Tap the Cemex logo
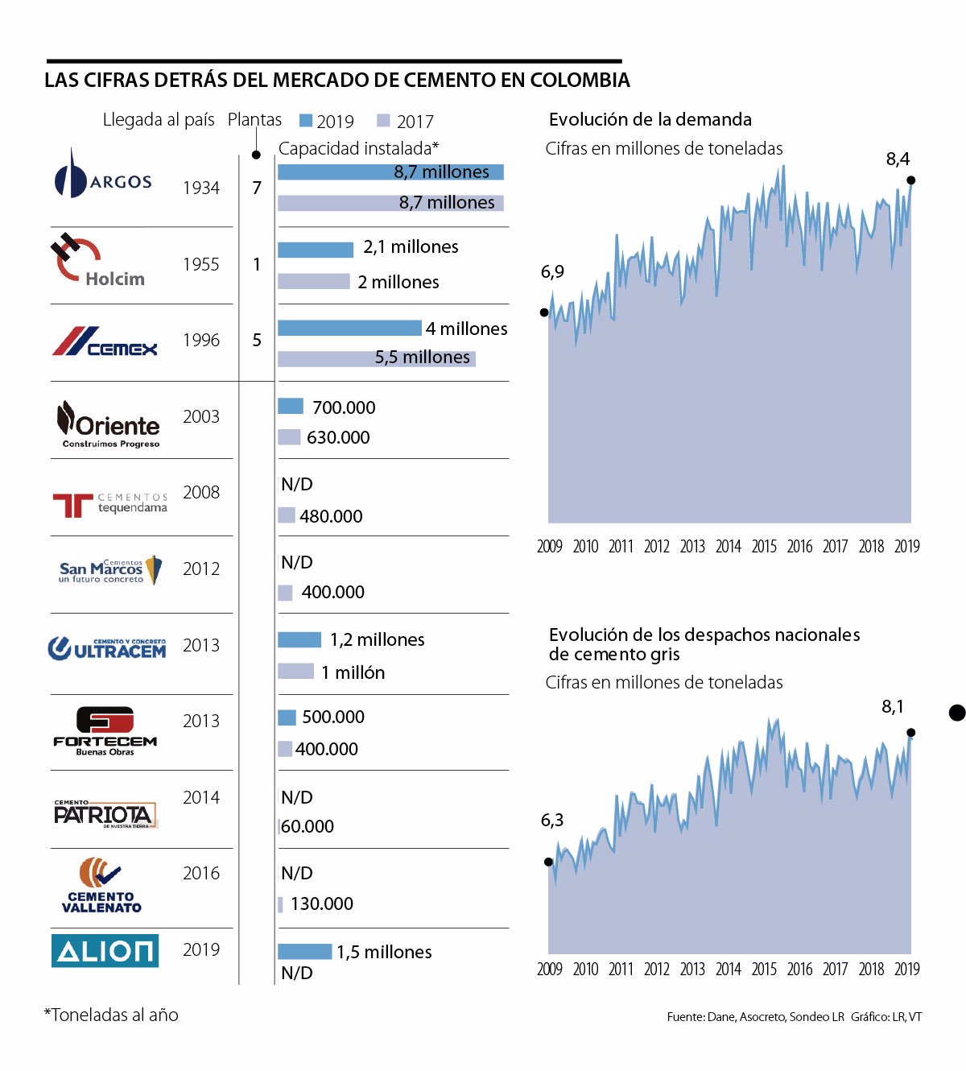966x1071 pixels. click(x=105, y=341)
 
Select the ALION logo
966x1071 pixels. click(x=105, y=950)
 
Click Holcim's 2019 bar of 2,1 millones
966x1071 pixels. click(x=316, y=250)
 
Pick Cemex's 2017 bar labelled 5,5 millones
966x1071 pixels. click(x=376, y=358)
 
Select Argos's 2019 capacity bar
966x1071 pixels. click(x=390, y=172)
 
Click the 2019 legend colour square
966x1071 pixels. click(x=306, y=121)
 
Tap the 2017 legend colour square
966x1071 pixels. click(x=383, y=121)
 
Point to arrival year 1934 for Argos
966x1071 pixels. click(x=201, y=188)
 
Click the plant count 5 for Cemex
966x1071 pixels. click(x=257, y=340)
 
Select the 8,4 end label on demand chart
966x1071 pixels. click(x=898, y=159)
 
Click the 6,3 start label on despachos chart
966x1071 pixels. click(x=552, y=820)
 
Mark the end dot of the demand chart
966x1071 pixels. click(x=910, y=180)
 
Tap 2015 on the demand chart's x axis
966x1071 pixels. click(x=764, y=546)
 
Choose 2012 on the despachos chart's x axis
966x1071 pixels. click(x=657, y=969)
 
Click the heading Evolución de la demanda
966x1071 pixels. click(x=650, y=120)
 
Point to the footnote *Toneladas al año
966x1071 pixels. click(x=111, y=1015)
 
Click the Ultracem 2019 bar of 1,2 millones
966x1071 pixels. click(x=299, y=640)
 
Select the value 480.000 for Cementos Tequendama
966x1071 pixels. click(x=331, y=516)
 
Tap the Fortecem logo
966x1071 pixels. click(x=105, y=730)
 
